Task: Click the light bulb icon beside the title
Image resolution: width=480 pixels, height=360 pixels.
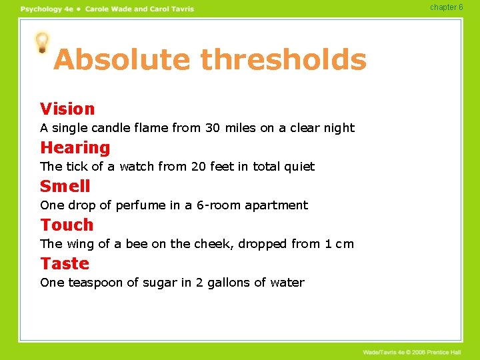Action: coord(42,42)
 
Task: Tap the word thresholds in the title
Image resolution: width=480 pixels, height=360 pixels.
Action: coord(283,59)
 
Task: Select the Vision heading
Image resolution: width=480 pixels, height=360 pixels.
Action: coord(67,109)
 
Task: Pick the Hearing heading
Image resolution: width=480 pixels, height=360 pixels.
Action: coord(75,147)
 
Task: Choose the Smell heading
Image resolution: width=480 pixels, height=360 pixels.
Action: coord(65,186)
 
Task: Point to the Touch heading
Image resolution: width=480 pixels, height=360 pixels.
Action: coord(67,225)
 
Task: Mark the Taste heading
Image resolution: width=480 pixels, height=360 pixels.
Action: coord(65,263)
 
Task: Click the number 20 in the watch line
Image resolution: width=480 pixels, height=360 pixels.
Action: coord(199,167)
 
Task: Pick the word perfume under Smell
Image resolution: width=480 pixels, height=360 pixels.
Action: coord(140,205)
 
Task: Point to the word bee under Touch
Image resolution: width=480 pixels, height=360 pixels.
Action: coord(137,244)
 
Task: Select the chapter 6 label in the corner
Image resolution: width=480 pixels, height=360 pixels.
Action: coord(447,7)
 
